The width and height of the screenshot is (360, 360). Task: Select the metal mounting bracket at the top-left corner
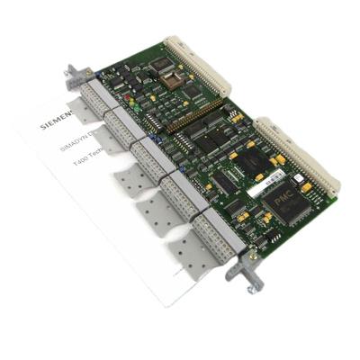click(73, 77)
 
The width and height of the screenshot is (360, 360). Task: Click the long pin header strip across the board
click(193, 116)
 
